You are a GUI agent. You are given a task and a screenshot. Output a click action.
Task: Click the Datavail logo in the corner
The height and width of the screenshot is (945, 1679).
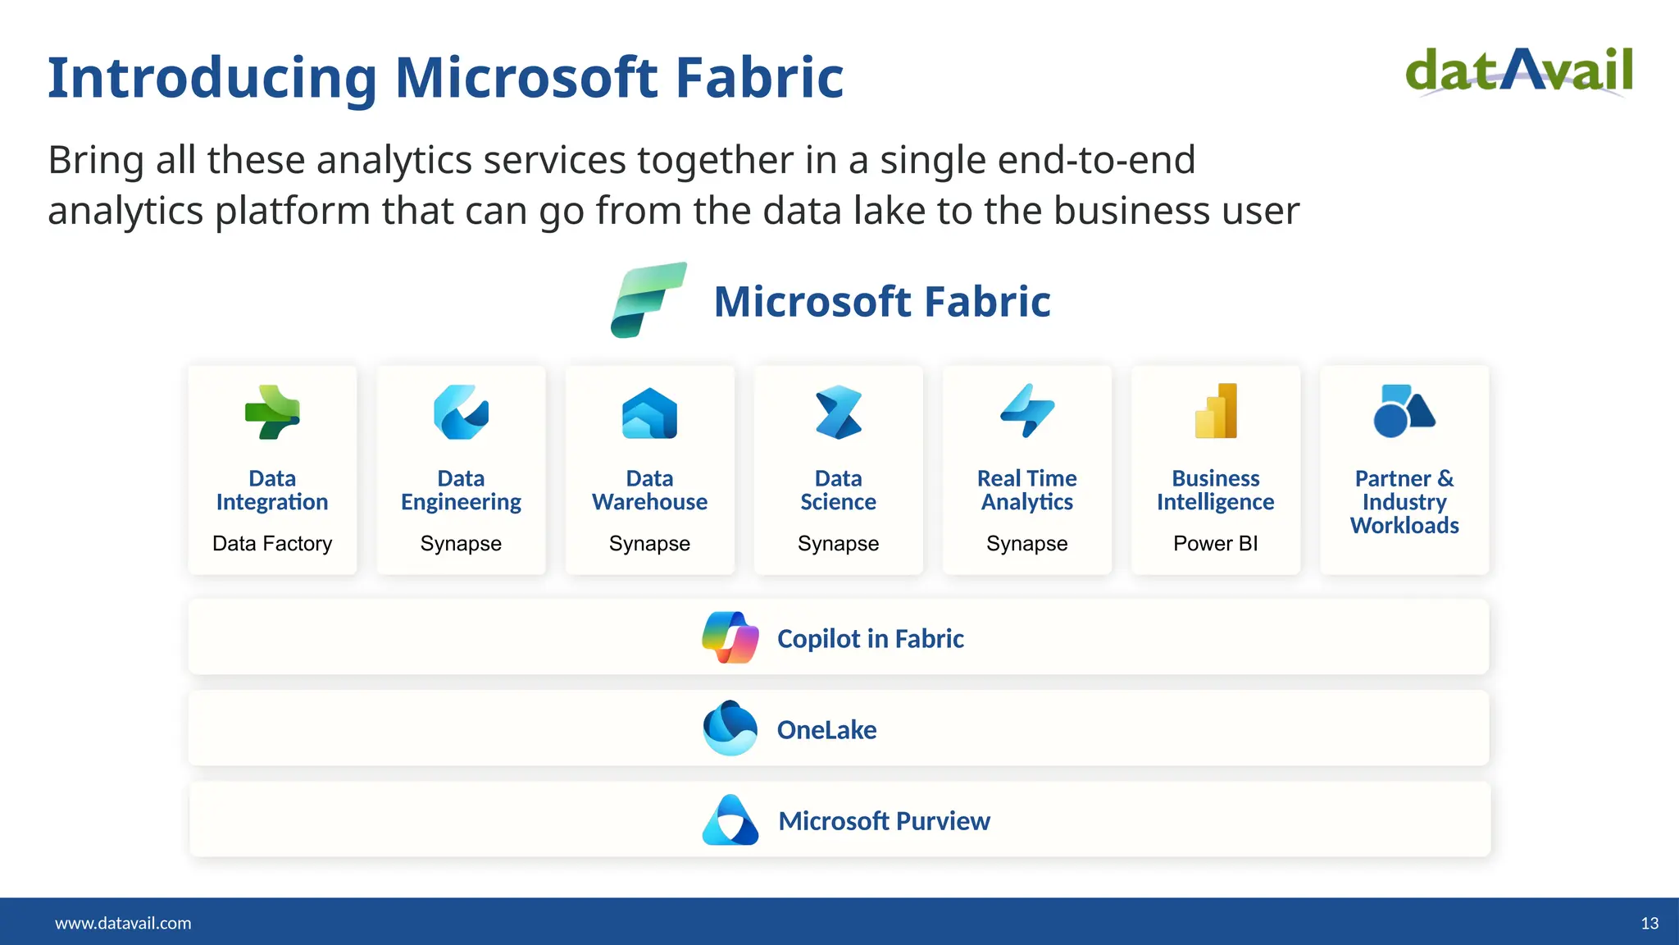[x=1519, y=72]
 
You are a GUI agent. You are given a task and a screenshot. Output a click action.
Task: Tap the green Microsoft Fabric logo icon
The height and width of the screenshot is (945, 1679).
[x=648, y=300]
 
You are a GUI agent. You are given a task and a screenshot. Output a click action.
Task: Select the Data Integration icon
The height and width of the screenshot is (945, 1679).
[x=272, y=412]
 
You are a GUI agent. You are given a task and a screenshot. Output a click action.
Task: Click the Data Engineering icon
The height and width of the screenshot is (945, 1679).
[x=461, y=412]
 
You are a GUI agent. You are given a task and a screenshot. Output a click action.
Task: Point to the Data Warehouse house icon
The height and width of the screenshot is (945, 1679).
[x=649, y=413]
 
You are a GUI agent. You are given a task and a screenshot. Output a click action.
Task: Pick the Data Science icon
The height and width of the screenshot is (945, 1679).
[x=838, y=412]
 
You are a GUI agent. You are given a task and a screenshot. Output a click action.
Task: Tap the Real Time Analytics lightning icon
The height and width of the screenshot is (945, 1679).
[x=1026, y=411]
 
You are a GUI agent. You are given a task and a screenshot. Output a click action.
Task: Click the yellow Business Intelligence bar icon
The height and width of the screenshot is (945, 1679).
[x=1216, y=411]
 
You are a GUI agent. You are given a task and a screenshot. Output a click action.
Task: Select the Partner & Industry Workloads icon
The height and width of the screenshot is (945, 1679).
[x=1404, y=411]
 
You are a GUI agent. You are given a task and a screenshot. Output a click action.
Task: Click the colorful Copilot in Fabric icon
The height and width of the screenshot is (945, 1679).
[x=730, y=637]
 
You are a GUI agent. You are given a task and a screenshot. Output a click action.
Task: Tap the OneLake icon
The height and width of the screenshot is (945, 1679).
[x=730, y=728]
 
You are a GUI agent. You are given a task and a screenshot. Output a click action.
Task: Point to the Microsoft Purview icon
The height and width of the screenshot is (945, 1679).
[x=730, y=819]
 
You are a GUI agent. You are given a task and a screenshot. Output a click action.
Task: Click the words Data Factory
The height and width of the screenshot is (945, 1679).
[x=272, y=544]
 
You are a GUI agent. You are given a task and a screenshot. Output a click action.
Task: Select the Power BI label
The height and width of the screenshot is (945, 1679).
[x=1215, y=544]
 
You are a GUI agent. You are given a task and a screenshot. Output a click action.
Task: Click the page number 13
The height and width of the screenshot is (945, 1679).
[x=1649, y=924]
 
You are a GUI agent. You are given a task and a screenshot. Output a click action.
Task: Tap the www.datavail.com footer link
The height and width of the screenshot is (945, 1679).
[x=123, y=924]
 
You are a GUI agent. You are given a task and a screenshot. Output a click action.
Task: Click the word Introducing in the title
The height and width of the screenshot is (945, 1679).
[x=212, y=79]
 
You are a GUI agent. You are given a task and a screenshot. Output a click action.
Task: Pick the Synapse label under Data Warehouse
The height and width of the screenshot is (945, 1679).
[x=649, y=544]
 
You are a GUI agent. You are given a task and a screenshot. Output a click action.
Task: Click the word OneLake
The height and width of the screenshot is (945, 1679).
[x=826, y=730]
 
